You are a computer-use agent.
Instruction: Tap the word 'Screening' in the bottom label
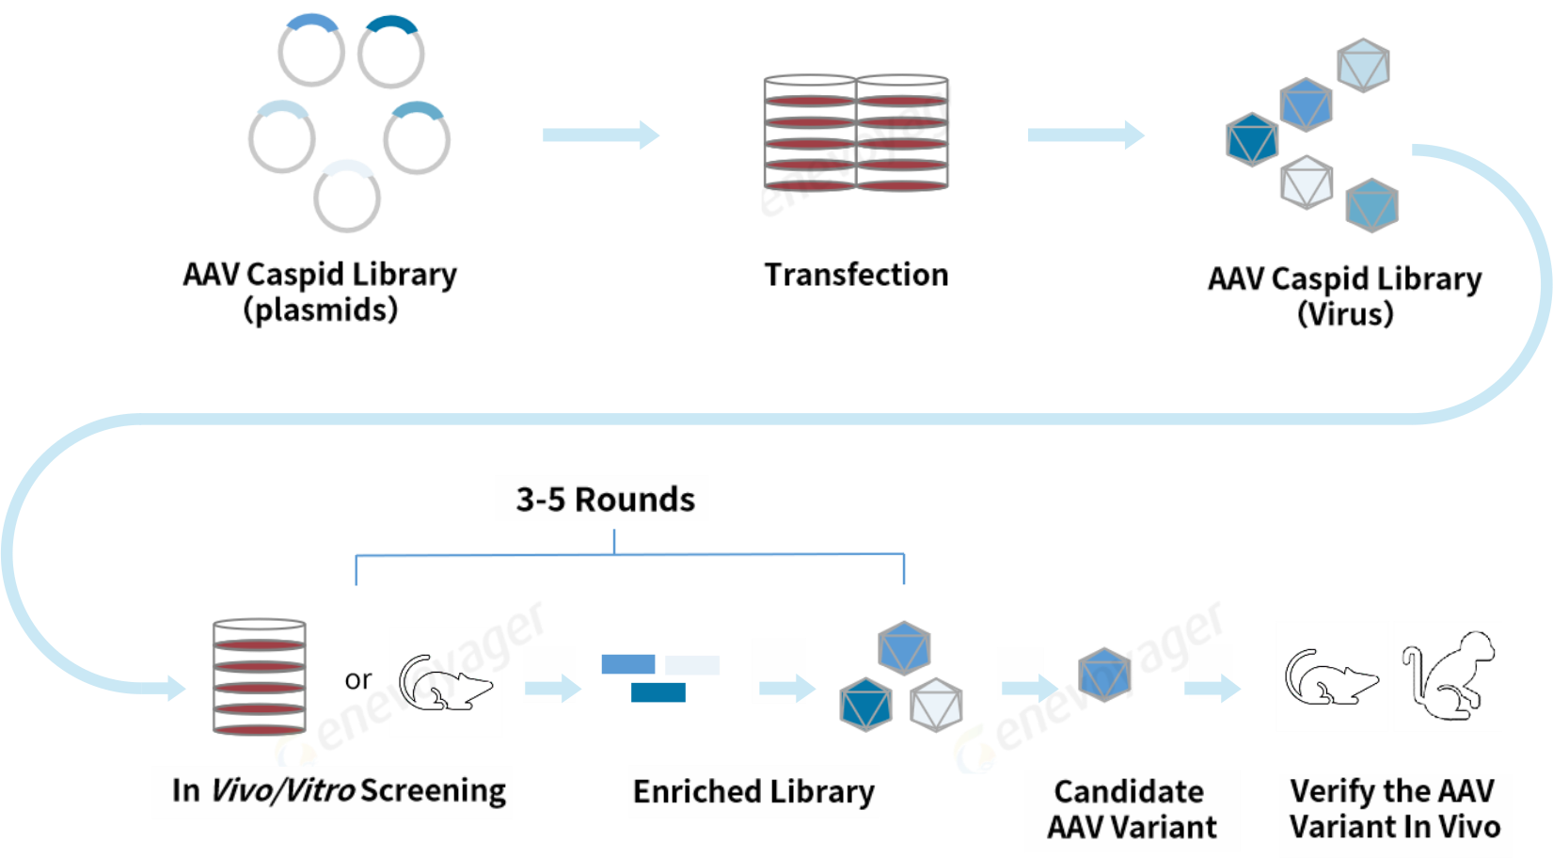click(x=433, y=790)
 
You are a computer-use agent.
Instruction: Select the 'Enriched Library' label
click(x=753, y=791)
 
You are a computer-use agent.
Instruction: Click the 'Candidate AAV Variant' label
click(x=1132, y=809)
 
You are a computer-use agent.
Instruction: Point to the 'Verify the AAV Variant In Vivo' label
click(x=1394, y=809)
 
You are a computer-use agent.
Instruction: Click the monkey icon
click(x=1447, y=676)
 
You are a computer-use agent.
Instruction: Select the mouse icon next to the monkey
click(x=1332, y=676)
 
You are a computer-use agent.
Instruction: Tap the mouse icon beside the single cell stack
click(x=446, y=681)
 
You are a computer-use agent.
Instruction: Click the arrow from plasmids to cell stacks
click(x=601, y=135)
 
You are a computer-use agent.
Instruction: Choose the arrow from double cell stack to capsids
click(x=1086, y=135)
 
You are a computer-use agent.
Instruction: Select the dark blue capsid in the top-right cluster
click(x=1252, y=140)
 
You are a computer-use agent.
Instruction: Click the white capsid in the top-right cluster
click(x=1307, y=182)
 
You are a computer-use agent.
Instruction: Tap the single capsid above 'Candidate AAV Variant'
click(x=1103, y=675)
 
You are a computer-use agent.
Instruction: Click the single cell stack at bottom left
click(x=260, y=677)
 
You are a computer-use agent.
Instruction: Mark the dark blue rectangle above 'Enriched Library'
click(x=658, y=692)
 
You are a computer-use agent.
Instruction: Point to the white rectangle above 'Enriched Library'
click(x=692, y=665)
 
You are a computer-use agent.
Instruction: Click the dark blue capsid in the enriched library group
click(x=865, y=704)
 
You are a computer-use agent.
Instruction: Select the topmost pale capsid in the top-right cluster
click(x=1363, y=66)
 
